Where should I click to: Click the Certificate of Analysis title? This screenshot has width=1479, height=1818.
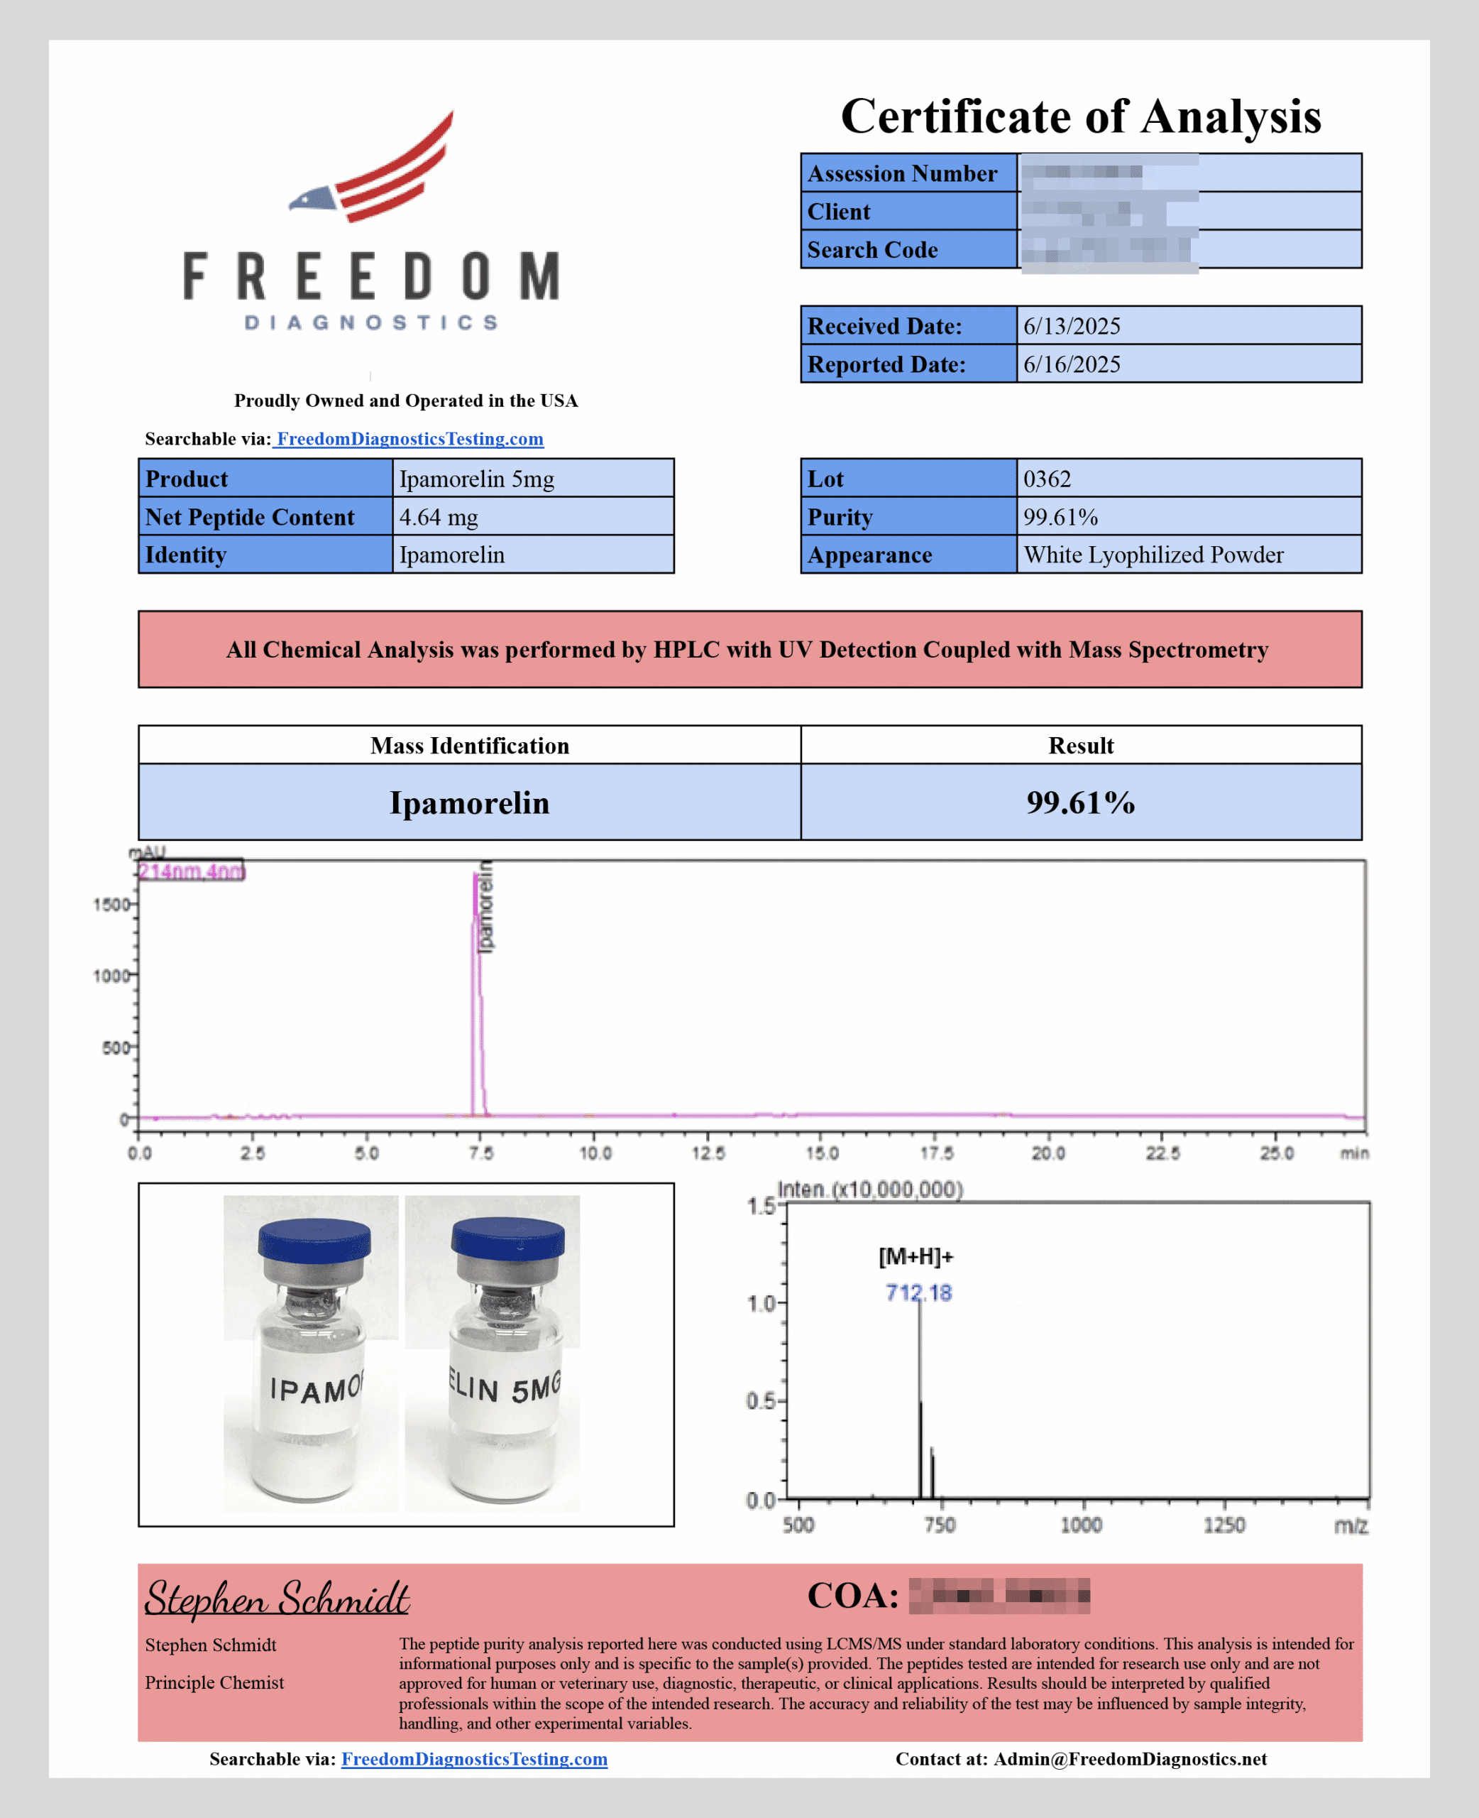[1080, 116]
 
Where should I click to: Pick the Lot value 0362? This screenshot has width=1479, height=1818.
[1047, 479]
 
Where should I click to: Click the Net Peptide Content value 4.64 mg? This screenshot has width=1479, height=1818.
[439, 518]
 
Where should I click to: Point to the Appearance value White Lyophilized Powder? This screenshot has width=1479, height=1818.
[1153, 555]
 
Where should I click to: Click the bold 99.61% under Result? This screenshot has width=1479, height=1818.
[1080, 802]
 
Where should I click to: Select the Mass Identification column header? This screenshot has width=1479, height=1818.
[469, 746]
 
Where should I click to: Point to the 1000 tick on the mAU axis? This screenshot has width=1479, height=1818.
[111, 975]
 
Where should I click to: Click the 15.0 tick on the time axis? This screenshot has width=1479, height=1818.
[821, 1153]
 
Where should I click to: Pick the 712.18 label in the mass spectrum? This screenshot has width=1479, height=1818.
[918, 1293]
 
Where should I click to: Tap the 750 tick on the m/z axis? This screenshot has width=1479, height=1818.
[940, 1525]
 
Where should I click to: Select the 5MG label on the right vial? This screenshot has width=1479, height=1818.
[536, 1389]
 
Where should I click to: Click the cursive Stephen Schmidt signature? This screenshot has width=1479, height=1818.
[277, 1597]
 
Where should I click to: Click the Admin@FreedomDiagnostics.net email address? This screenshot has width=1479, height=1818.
[1130, 1759]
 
